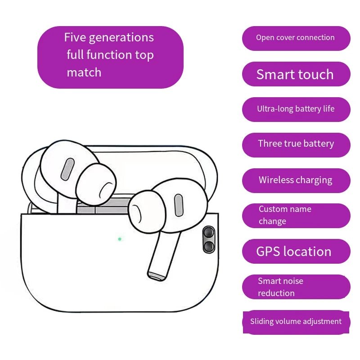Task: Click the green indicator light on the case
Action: pos(120,239)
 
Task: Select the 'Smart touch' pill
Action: pos(296,74)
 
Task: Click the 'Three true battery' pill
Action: pos(296,145)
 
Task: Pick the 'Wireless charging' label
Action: pos(296,180)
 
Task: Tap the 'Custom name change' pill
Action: pos(296,216)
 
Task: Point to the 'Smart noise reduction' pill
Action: pos(296,287)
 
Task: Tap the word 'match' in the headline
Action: pos(84,72)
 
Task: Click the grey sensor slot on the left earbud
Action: pos(67,169)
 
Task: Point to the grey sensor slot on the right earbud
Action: pos(179,205)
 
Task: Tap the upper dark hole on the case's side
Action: pos(209,232)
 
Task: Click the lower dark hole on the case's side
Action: pos(209,246)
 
